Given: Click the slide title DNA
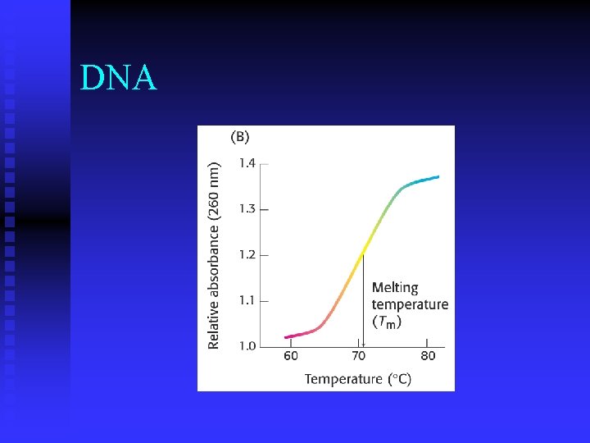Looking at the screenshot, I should tap(119, 78).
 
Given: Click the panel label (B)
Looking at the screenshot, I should tap(239, 137).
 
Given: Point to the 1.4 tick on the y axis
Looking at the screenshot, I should tap(247, 163).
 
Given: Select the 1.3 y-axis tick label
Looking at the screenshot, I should tap(247, 209).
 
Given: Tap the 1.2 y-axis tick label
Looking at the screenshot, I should tap(247, 255).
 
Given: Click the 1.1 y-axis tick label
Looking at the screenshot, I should tap(247, 301).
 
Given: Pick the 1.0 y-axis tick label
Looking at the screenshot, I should tap(247, 346).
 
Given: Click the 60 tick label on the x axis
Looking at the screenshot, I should tap(291, 356).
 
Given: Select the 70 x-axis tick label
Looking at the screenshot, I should tap(359, 356).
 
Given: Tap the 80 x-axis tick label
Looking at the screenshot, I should tap(428, 356).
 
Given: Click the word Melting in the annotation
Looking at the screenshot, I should tap(395, 288).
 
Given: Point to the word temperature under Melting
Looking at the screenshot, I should tap(410, 304).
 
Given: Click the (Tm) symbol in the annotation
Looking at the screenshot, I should tap(388, 322).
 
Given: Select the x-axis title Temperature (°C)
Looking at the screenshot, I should tap(358, 379).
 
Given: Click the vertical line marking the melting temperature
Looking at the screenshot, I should tap(362, 304).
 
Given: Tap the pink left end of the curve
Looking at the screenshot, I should tap(288, 336).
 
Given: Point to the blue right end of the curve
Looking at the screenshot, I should tap(437, 176).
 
